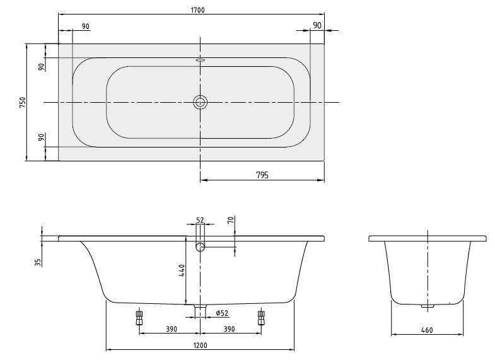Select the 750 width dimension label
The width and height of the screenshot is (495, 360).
coord(22,102)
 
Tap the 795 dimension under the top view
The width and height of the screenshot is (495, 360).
coord(262,175)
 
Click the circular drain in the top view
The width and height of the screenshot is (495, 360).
coord(201,102)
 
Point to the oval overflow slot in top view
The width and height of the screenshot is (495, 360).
coord(201,61)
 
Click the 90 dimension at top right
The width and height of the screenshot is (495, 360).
coord(317,25)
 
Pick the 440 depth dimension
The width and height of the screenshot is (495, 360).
coord(182,271)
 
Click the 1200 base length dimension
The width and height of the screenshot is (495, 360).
coord(200,345)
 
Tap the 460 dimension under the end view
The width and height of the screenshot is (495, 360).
coord(429,330)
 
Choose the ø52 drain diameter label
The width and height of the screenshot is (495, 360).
coord(221,313)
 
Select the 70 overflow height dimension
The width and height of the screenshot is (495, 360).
coord(231,220)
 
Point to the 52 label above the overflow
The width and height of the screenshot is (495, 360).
coord(200,220)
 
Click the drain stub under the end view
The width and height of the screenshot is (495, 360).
coord(428,307)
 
